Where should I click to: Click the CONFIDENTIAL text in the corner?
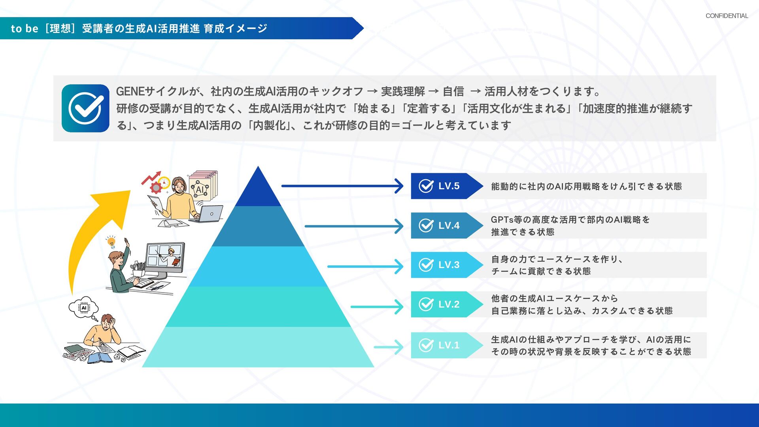pyautogui.click(x=727, y=16)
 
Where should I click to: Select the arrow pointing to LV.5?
pyautogui.click(x=342, y=186)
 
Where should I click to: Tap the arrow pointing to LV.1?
pyautogui.click(x=388, y=347)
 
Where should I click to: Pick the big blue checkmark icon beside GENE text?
pyautogui.click(x=85, y=108)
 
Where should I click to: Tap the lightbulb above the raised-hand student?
pyautogui.click(x=111, y=241)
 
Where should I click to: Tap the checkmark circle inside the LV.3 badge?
pyautogui.click(x=426, y=265)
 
